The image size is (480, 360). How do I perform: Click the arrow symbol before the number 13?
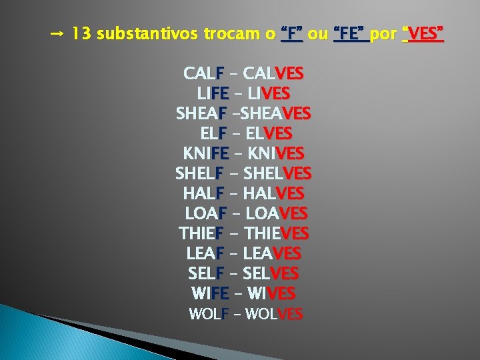click(x=57, y=33)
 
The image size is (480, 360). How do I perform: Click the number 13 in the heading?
click(x=82, y=33)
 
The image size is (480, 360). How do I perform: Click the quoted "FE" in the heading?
click(x=351, y=33)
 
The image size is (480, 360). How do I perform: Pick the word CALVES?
click(x=274, y=73)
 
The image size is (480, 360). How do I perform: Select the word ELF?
click(x=213, y=133)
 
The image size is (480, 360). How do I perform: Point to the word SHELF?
click(x=199, y=173)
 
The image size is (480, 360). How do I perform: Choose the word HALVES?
click(x=274, y=194)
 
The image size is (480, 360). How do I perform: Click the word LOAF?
click(x=206, y=214)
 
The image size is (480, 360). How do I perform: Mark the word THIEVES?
click(x=277, y=234)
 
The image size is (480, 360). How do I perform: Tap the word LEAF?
click(x=205, y=254)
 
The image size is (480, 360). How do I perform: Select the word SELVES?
click(x=271, y=274)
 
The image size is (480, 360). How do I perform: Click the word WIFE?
click(x=210, y=293)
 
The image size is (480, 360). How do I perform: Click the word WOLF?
click(x=209, y=314)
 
